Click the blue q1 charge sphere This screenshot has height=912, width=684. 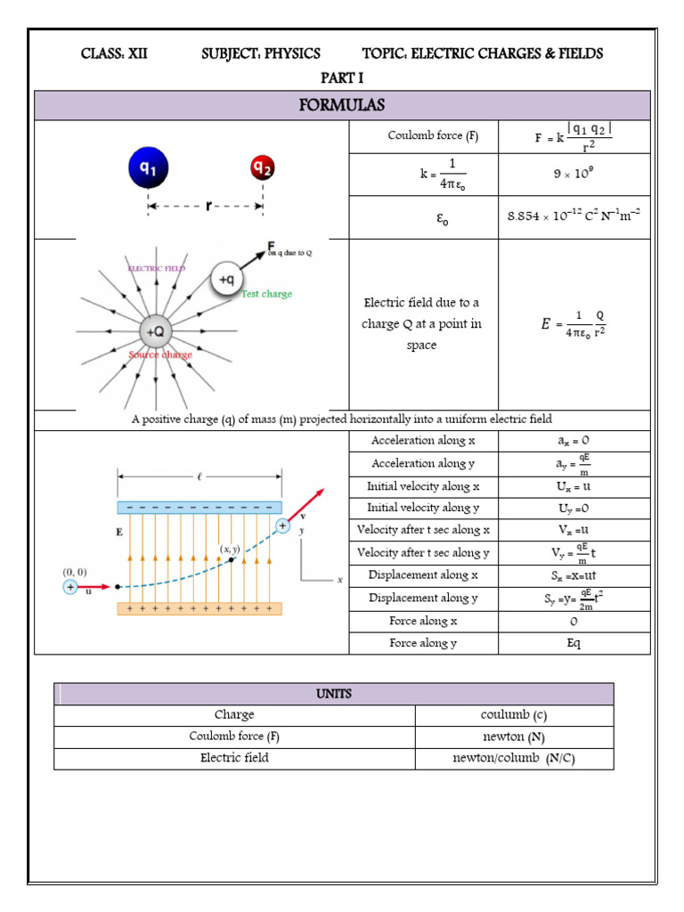[x=148, y=168]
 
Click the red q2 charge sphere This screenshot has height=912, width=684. [x=263, y=168]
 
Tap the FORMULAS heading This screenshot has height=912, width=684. [x=342, y=105]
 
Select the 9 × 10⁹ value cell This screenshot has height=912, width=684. [x=574, y=175]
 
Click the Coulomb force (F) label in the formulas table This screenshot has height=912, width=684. [x=422, y=136]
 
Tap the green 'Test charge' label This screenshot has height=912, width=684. [x=266, y=294]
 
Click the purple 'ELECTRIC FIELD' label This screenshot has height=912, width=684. [x=157, y=267]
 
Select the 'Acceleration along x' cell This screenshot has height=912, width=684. [x=423, y=441]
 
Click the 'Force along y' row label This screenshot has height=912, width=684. [x=423, y=643]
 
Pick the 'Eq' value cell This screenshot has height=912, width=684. [x=574, y=643]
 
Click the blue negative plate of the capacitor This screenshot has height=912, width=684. [x=199, y=508]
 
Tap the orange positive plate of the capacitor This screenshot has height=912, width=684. [x=199, y=609]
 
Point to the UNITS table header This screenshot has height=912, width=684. [x=334, y=694]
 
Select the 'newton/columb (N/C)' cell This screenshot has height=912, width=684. [x=514, y=759]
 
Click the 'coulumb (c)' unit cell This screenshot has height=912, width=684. [x=514, y=715]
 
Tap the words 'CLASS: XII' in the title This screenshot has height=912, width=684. [x=115, y=53]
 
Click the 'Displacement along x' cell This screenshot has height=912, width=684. [x=423, y=575]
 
